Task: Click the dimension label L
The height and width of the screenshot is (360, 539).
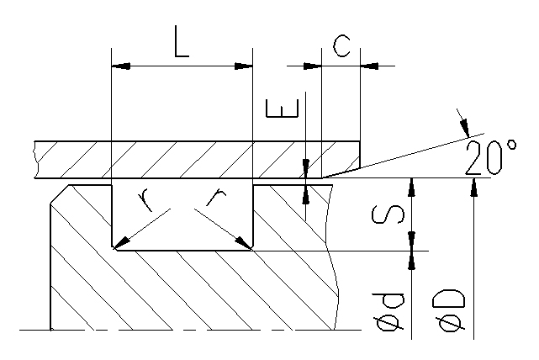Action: coord(181,42)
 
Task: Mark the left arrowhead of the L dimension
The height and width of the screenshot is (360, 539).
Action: coord(120,66)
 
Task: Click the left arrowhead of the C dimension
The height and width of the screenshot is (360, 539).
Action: coord(313,65)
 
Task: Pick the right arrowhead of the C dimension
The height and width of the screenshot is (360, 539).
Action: coord(368,65)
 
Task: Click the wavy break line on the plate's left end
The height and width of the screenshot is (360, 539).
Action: coord(34,160)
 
